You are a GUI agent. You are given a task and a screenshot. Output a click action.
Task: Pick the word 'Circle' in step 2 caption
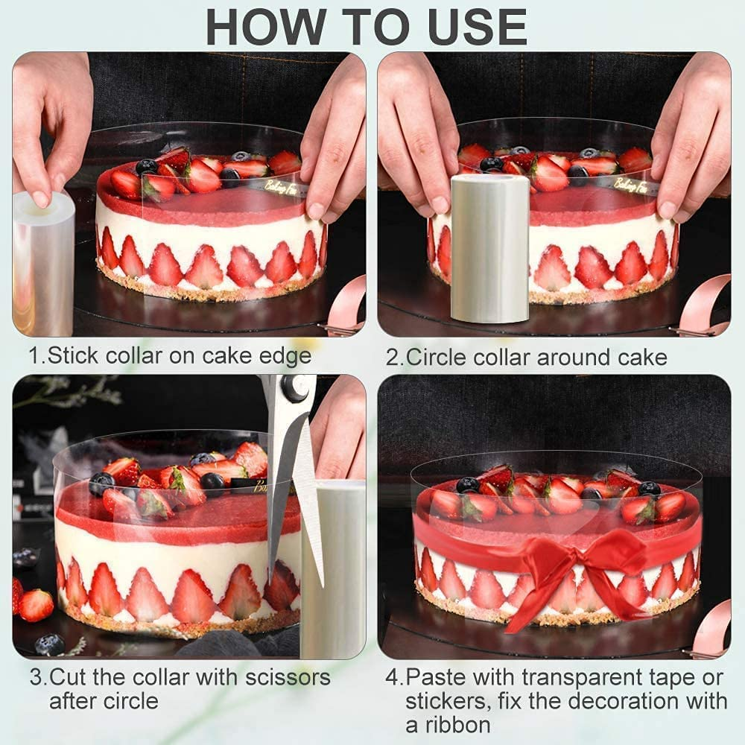tap(439, 357)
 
